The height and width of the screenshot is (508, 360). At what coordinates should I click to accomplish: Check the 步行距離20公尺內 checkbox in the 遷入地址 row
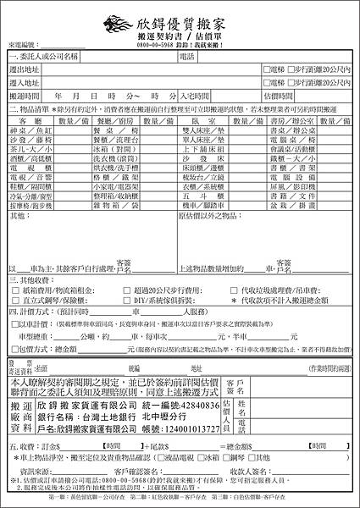click(291, 83)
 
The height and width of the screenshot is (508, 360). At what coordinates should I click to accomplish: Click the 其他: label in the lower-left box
click(18, 217)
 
